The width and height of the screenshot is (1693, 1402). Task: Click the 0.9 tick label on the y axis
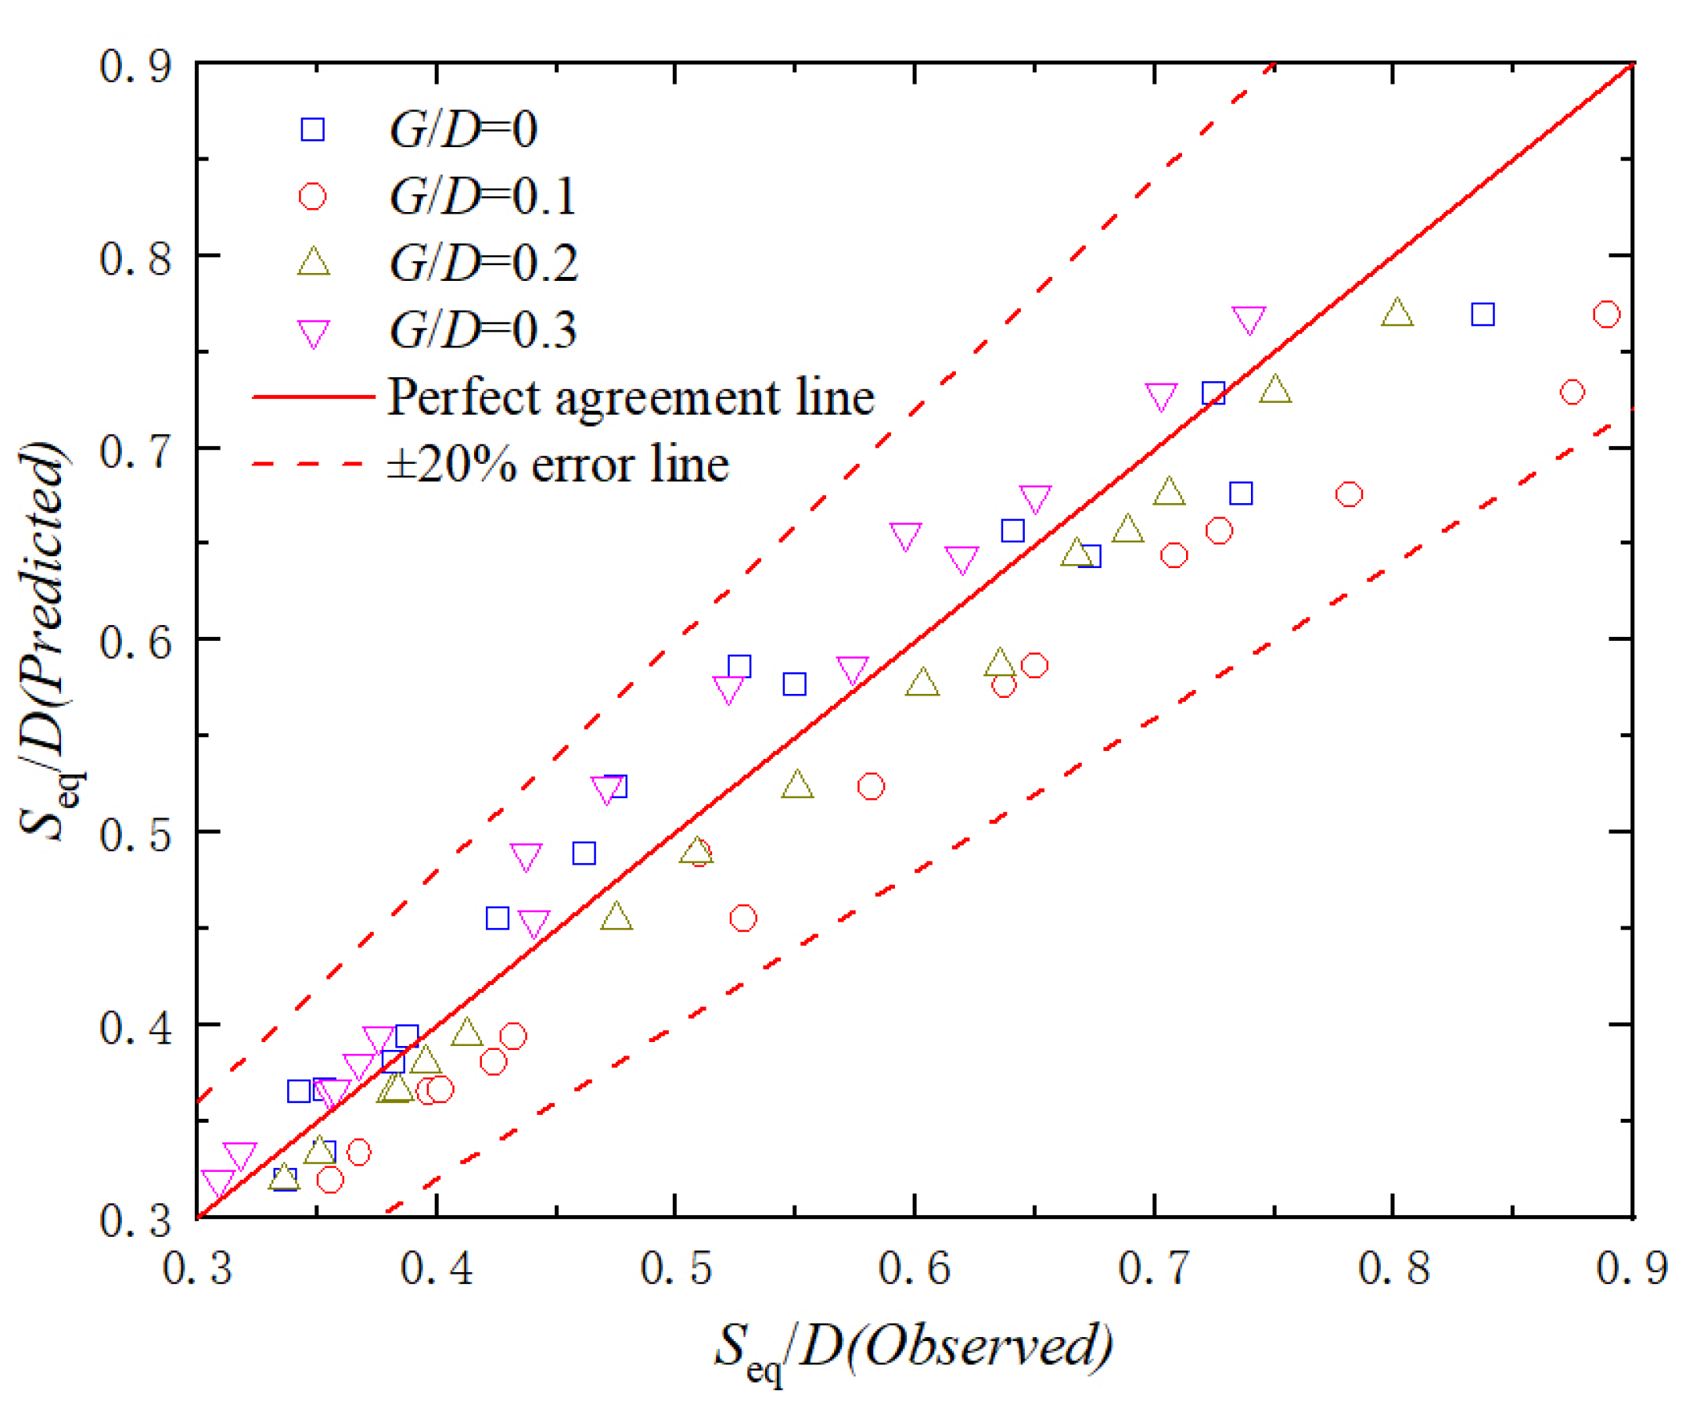click(135, 66)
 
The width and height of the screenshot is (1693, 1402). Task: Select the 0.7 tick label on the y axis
click(135, 451)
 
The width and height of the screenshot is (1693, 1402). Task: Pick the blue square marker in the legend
click(313, 130)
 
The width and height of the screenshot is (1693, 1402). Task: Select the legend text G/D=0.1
click(482, 196)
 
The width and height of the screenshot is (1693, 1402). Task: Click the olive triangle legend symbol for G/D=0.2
click(314, 263)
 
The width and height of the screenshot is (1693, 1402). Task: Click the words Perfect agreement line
click(631, 397)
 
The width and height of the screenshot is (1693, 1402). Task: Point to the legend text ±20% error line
click(558, 466)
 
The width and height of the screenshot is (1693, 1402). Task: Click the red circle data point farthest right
click(1606, 315)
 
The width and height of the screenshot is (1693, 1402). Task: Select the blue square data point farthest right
click(1482, 315)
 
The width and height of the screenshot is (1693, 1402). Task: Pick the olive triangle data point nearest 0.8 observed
click(1396, 314)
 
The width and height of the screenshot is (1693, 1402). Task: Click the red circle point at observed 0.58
click(871, 786)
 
